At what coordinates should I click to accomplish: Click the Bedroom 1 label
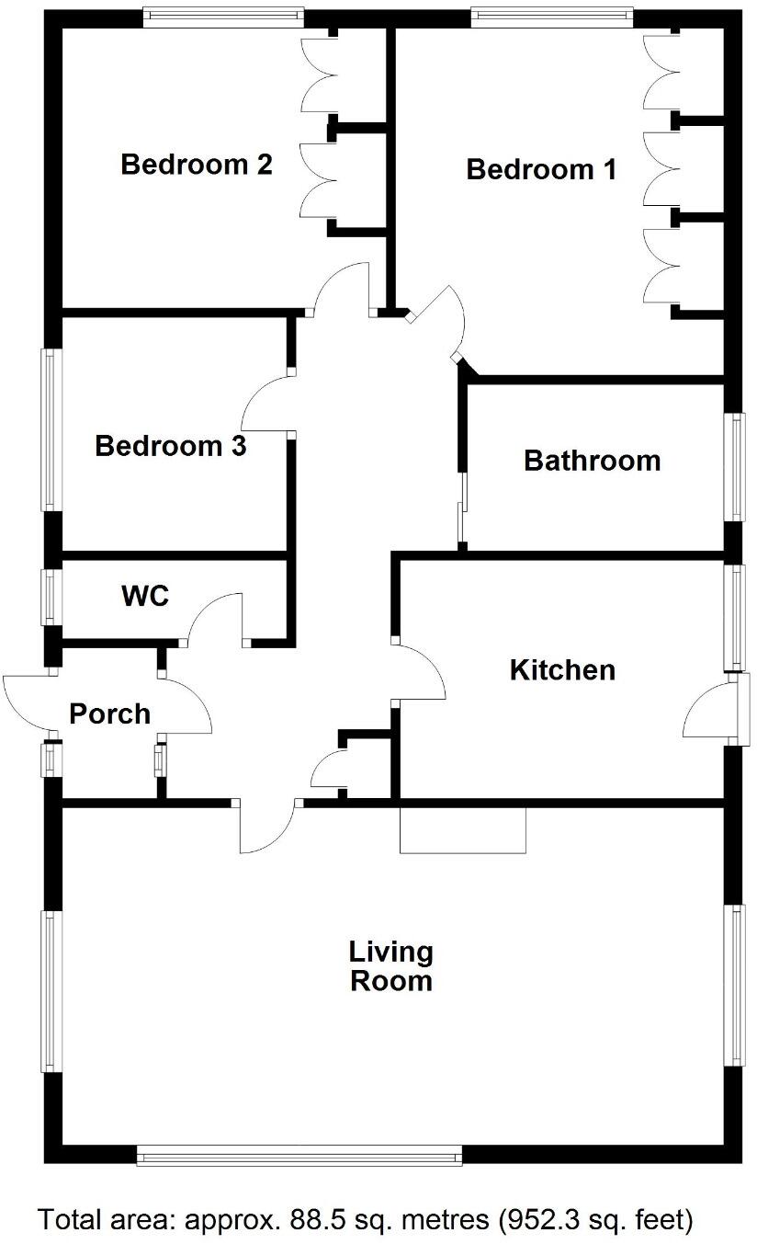click(541, 169)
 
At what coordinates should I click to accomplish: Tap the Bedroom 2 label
click(197, 165)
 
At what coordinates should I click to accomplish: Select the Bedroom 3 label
click(170, 446)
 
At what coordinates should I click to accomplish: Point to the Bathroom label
click(592, 460)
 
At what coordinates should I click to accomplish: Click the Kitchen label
click(562, 669)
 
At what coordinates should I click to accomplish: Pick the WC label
click(145, 596)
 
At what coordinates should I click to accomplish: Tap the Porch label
click(110, 713)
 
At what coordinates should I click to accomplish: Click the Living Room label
click(391, 965)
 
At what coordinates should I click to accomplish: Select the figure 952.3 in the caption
click(541, 1220)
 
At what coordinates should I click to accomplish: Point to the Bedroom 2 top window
click(223, 15)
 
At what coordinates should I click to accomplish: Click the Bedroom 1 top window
click(552, 15)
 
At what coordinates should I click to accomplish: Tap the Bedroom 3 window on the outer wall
click(50, 428)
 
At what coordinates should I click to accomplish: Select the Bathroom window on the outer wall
click(736, 467)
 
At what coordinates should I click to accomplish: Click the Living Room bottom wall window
click(299, 1156)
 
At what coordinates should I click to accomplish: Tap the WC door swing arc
click(217, 616)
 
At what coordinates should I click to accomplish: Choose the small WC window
click(50, 598)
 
